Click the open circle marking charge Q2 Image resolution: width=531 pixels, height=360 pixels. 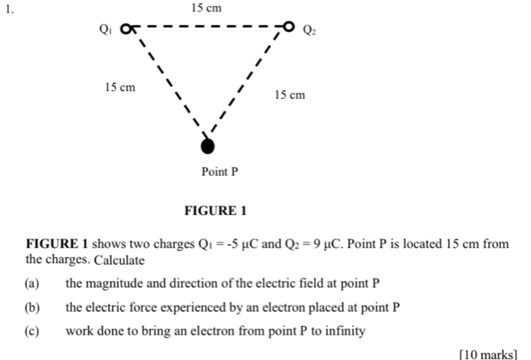289,28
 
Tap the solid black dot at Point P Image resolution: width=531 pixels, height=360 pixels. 206,146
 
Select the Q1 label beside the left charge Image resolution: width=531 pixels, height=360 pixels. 106,31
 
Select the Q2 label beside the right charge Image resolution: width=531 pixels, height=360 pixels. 308,31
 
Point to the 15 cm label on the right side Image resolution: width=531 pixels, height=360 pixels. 290,95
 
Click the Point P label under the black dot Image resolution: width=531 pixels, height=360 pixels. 220,171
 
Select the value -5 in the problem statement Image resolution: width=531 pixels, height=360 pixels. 233,244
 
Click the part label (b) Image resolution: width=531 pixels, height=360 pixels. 31,308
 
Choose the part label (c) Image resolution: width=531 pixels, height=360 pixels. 31,332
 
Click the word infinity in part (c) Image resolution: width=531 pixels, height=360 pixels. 343,332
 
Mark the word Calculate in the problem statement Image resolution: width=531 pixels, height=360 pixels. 120,260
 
